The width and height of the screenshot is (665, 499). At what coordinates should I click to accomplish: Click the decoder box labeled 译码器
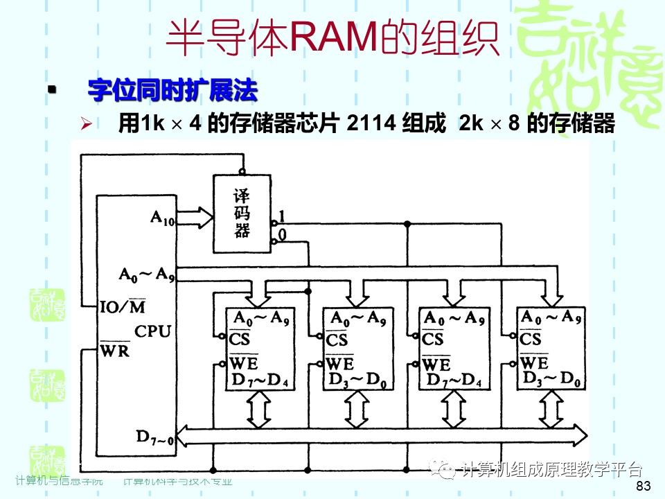[242, 213]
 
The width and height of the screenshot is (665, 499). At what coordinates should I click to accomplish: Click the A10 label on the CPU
[163, 218]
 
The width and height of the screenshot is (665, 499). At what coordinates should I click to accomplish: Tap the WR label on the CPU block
[115, 350]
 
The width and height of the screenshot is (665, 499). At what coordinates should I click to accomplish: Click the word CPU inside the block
[152, 331]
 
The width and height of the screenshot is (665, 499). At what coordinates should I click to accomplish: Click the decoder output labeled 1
[281, 215]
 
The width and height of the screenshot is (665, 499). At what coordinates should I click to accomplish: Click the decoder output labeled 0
[281, 236]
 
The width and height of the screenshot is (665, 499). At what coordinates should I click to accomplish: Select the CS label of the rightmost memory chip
[530, 340]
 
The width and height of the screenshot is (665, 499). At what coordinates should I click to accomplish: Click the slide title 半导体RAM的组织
[332, 38]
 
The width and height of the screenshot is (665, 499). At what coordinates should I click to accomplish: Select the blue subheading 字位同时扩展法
[172, 90]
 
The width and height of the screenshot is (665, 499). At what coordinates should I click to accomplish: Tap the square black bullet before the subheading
[51, 90]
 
